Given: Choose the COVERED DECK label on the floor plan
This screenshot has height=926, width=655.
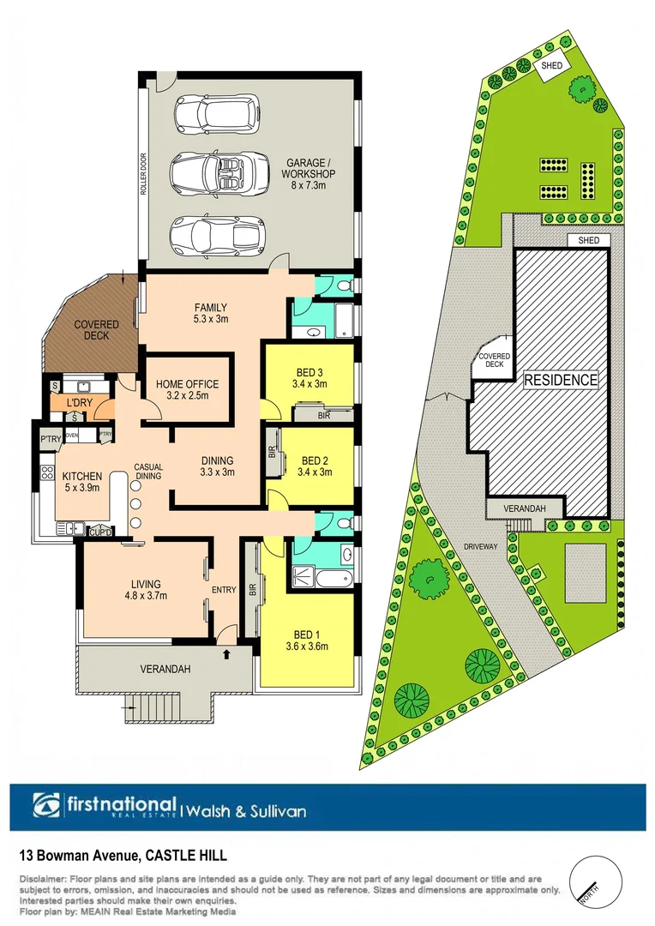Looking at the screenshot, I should coord(96,331).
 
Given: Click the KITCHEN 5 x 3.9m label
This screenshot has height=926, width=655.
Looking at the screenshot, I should coord(81,482).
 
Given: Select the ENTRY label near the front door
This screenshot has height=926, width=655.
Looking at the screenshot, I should coord(224,590).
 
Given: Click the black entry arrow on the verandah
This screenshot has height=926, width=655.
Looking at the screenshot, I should coord(226,654).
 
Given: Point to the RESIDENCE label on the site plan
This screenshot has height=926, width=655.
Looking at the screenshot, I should coord(561,380).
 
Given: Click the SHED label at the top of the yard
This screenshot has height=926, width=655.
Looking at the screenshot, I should coord(549,65).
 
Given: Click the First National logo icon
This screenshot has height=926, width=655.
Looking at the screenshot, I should coord(47,806).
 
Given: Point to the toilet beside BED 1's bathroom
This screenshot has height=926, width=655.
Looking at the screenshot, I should coord(344,521).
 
